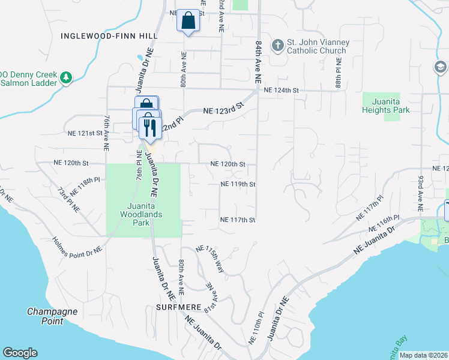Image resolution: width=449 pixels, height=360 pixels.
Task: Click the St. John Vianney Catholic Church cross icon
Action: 277,45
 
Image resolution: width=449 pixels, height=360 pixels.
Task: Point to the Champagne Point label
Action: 53,316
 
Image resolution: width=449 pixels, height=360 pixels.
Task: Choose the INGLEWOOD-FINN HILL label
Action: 109,36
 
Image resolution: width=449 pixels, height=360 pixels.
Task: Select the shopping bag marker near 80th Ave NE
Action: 188,20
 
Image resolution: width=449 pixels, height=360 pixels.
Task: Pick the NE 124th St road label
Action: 281,90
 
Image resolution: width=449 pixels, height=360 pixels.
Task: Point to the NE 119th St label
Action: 238,184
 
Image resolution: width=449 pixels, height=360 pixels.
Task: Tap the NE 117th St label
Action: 238,220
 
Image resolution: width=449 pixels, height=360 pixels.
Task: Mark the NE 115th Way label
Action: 210,259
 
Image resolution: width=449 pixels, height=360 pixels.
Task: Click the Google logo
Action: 20,353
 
